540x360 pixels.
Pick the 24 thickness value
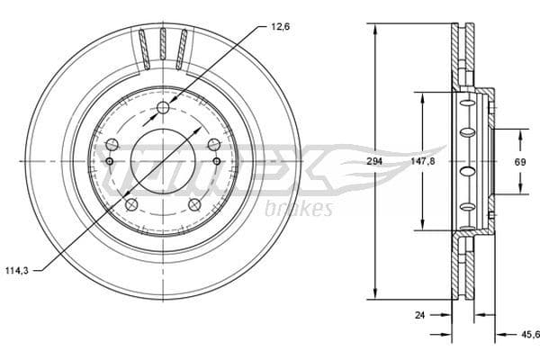click(x=420, y=315)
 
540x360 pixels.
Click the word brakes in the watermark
click(x=300, y=209)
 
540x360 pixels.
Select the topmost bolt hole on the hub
click(x=163, y=109)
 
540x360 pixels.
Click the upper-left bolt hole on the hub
click(x=112, y=145)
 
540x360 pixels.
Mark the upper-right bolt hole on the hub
click(x=214, y=145)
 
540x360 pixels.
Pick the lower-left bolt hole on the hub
click(x=131, y=205)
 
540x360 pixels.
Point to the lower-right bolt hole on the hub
click(x=194, y=205)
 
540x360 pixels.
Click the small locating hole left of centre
click(x=109, y=162)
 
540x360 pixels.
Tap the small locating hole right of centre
click(x=217, y=162)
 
